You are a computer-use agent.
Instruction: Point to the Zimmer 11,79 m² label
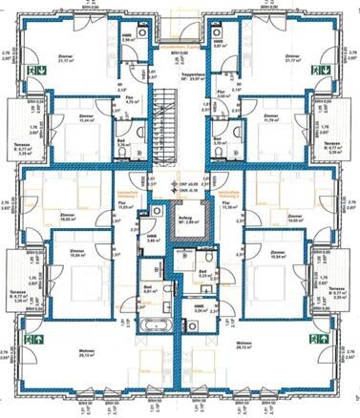269,118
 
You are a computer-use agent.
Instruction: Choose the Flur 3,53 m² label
223,94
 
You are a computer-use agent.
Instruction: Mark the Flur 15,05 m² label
123,202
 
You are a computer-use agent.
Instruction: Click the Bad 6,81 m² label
149,288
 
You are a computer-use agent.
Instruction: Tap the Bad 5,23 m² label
203,274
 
